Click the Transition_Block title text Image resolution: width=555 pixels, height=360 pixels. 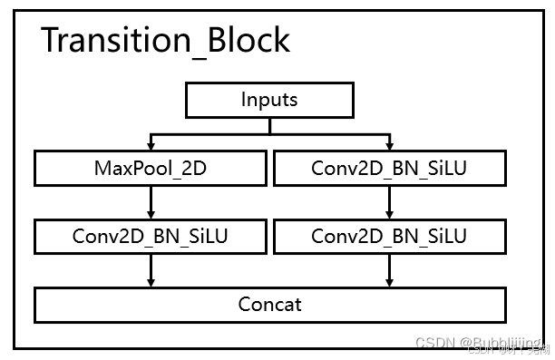(165, 41)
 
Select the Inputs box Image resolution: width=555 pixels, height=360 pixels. (269, 100)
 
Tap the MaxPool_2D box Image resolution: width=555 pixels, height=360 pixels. (150, 168)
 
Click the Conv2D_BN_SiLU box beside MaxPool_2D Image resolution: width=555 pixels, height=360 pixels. (389, 168)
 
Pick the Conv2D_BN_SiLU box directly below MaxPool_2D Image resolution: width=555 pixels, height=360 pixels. (150, 236)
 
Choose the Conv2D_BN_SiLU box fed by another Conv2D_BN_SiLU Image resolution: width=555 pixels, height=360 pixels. (389, 236)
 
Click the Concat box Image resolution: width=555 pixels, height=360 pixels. (269, 304)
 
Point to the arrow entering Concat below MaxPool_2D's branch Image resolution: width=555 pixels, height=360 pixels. (150, 269)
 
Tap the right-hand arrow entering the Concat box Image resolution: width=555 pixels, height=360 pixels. (389, 269)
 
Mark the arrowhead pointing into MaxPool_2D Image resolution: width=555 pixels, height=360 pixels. (150, 145)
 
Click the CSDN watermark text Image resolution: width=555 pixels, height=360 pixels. (438, 344)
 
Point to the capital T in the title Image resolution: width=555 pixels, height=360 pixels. (52, 41)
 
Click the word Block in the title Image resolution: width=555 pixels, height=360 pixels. (246, 41)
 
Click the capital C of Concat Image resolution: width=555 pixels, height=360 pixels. (246, 304)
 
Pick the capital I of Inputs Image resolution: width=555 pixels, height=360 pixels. (245, 100)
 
